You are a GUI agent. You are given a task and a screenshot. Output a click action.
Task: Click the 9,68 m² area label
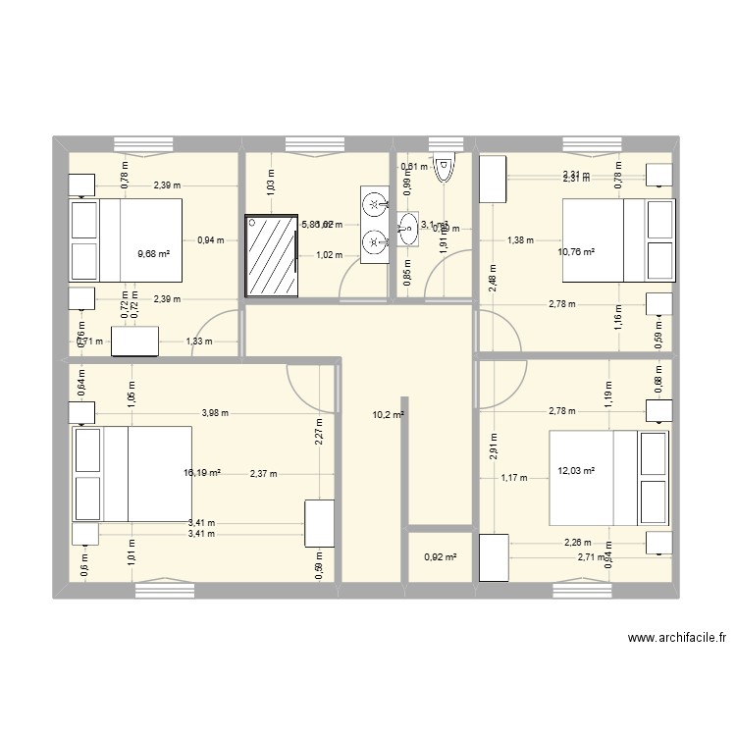point(155,253)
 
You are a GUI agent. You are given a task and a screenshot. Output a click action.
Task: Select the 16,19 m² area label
point(202,473)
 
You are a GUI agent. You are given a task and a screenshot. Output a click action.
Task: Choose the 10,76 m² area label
point(577,252)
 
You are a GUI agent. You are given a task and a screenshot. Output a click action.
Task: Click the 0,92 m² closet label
point(439,558)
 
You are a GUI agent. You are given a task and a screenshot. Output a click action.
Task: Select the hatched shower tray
point(270,254)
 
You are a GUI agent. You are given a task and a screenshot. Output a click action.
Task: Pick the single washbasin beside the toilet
point(408,229)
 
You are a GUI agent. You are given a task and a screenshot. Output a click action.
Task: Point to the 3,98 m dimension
point(214,413)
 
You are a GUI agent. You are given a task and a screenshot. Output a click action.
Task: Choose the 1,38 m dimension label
point(522,239)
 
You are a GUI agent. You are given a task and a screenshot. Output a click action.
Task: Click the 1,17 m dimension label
point(515,479)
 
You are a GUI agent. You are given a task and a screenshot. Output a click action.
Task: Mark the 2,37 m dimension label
point(264,474)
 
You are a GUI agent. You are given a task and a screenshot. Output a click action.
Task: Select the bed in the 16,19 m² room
point(131,474)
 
